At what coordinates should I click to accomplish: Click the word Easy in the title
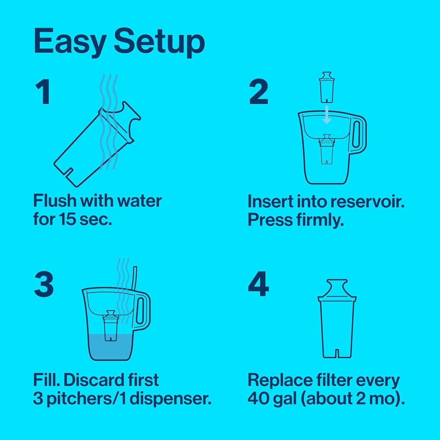[70, 42]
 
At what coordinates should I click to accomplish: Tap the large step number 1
[43, 92]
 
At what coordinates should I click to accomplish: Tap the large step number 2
[259, 92]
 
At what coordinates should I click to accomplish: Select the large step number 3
[44, 284]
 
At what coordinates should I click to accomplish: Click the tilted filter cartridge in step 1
[91, 146]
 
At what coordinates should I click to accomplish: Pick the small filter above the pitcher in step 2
[327, 87]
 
